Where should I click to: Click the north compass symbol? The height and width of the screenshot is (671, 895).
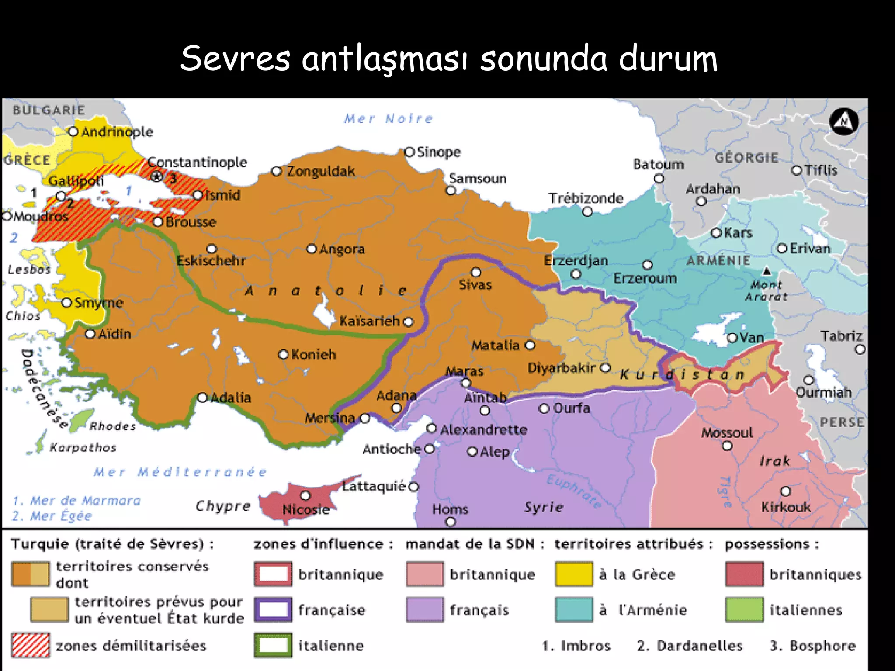point(844,121)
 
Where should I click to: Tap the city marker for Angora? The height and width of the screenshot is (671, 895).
point(311,249)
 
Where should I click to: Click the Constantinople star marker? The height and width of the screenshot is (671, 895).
point(156,176)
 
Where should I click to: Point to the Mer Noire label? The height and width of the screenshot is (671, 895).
point(388,118)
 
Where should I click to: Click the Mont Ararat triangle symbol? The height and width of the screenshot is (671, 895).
point(767,271)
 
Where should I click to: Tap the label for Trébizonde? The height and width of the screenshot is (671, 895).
point(586,198)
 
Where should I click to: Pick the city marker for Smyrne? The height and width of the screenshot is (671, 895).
point(66,303)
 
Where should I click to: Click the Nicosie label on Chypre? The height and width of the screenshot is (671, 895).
point(305,509)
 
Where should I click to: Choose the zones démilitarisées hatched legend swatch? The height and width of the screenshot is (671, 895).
point(31,645)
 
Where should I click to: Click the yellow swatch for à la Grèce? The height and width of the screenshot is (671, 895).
point(574,574)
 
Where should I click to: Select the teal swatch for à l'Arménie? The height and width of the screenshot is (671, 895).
point(574,609)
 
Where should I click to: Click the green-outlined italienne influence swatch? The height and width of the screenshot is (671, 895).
point(273,645)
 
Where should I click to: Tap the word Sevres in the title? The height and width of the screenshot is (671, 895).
point(235,59)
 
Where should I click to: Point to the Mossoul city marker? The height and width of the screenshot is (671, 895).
point(727,446)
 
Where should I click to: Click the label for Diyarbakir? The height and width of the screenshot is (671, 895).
point(561,368)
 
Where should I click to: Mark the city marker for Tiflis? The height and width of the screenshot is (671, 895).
point(797,170)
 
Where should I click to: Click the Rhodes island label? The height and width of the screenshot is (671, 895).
point(113,426)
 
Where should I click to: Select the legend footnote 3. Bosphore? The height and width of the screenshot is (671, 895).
point(812,645)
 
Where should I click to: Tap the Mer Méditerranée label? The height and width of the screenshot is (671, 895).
point(180,472)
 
